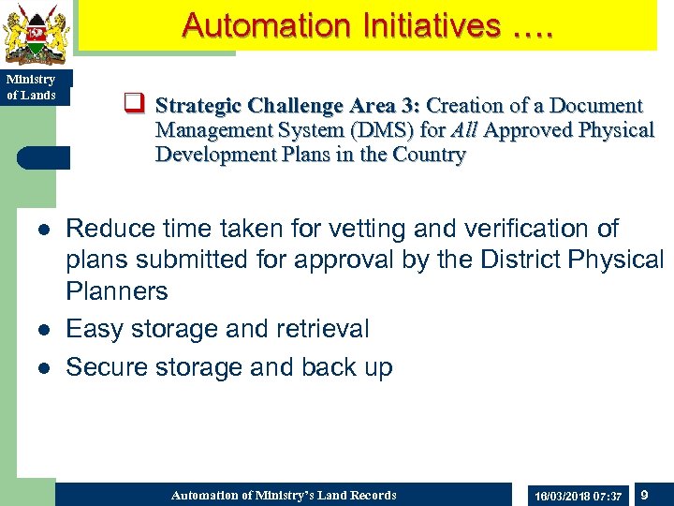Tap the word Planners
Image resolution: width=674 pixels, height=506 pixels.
(117, 291)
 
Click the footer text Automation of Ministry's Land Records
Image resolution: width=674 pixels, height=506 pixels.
(284, 495)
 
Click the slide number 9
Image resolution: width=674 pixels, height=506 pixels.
(645, 494)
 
